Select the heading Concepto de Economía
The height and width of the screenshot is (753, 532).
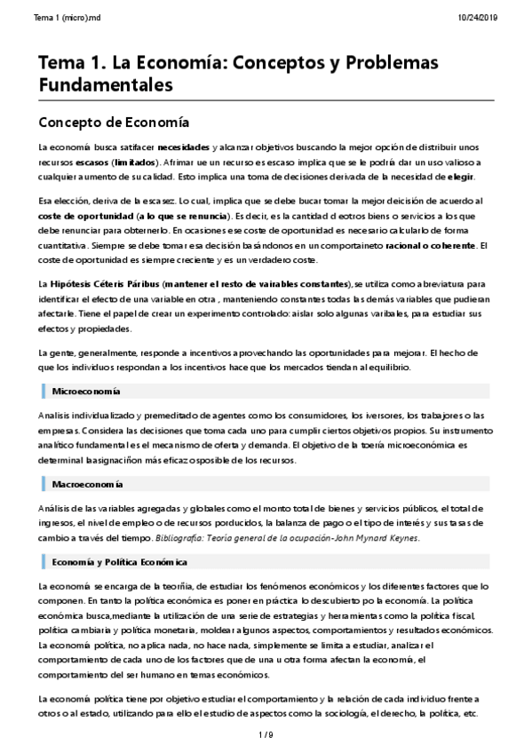pyautogui.click(x=120, y=122)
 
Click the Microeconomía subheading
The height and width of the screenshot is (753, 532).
pyautogui.click(x=87, y=391)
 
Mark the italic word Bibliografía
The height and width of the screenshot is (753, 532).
pyautogui.click(x=202, y=513)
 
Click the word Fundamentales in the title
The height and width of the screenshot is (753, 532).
pyautogui.click(x=103, y=84)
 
